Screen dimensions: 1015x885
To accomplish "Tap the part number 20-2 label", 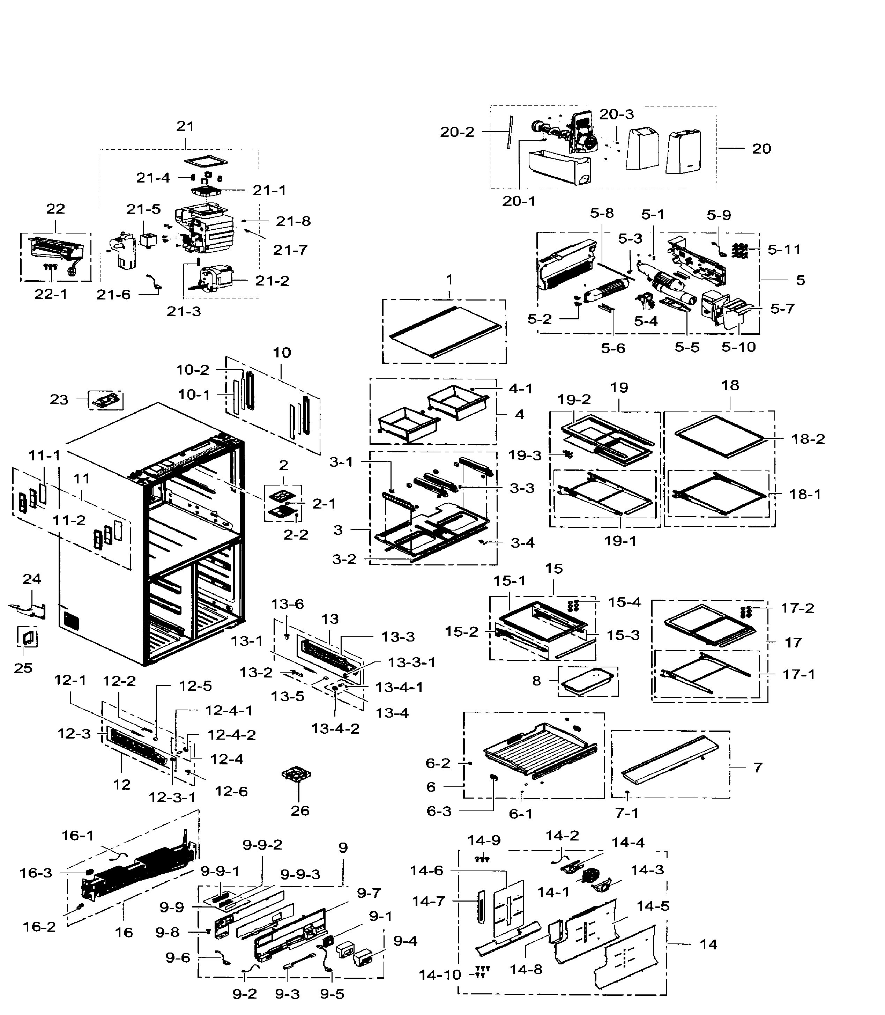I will pos(457,132).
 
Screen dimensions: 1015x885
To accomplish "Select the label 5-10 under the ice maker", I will pos(738,347).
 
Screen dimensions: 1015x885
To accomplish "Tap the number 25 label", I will pos(23,668).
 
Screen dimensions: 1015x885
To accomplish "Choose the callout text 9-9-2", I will pos(262,845).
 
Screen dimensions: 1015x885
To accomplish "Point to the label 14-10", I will pos(440,975).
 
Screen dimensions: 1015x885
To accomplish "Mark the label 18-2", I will pos(808,439).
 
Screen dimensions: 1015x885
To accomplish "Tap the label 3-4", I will pos(522,543).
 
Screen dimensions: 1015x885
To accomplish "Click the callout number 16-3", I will pos(36,873).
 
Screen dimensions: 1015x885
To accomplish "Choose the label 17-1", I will pos(798,674).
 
